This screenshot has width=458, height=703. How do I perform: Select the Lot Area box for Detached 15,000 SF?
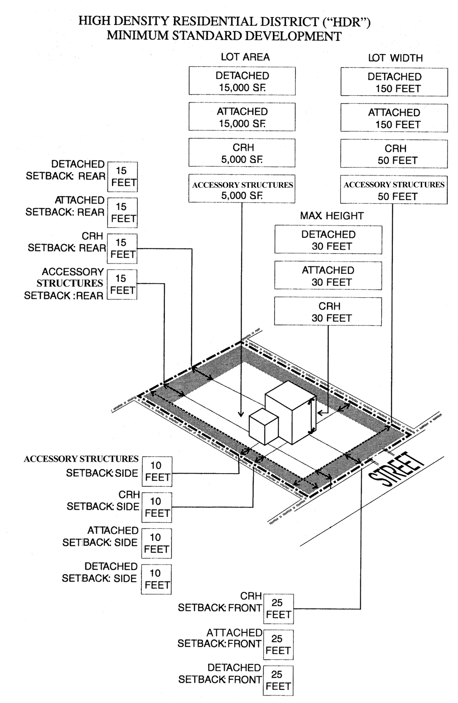(242, 81)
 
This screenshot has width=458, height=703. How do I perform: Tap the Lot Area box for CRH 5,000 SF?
(242, 153)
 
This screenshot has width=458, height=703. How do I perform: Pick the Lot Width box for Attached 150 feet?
(394, 118)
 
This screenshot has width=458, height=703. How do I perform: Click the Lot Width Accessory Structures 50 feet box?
(394, 190)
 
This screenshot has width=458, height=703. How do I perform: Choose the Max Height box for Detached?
(328, 240)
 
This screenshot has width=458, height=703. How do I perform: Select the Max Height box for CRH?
(328, 312)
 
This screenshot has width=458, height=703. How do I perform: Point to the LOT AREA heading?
(245, 57)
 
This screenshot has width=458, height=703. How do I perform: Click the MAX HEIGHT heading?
(332, 216)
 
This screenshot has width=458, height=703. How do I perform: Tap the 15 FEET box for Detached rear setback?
(122, 177)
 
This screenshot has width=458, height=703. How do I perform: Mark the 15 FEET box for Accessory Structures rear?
(122, 284)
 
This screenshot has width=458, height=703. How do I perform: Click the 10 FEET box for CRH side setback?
(157, 507)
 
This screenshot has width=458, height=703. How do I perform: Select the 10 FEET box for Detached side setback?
(156, 579)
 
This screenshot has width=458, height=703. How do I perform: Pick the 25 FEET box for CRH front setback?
(278, 609)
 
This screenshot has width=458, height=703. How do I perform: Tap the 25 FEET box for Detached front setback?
(278, 680)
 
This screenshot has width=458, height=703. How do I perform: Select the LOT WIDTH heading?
(395, 58)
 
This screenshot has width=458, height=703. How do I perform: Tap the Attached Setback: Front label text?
(220, 638)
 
